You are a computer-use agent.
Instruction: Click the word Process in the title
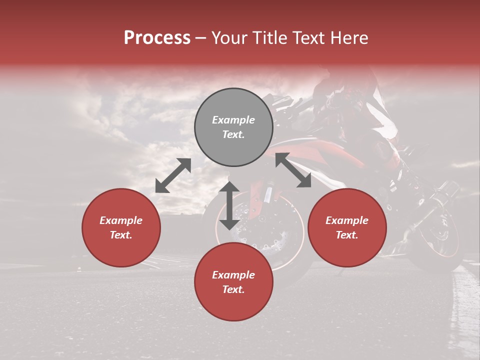tap(157, 38)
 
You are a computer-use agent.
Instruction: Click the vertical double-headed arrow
tap(229, 205)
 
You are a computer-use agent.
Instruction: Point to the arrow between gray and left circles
tap(173, 175)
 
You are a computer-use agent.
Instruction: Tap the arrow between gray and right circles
tap(293, 170)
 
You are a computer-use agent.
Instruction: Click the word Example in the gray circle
tap(233, 120)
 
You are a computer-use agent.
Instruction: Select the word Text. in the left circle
tap(121, 235)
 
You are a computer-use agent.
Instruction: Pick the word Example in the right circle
tap(347, 220)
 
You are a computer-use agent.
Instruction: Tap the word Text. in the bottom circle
tap(233, 289)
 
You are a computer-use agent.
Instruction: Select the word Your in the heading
tap(230, 38)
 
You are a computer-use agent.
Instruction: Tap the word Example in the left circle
tap(121, 220)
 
